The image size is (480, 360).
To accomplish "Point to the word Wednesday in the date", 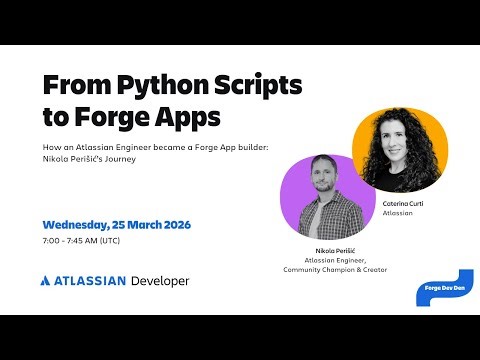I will coord(84,223).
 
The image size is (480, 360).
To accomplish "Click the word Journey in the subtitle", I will coord(138,158).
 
